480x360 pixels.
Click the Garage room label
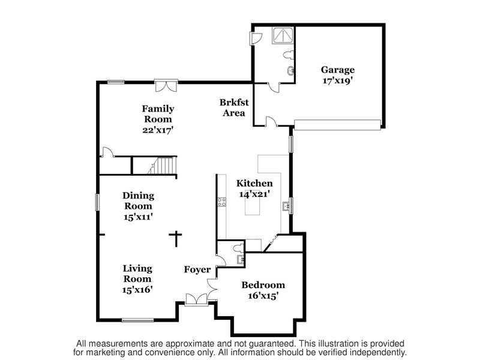click(338, 70)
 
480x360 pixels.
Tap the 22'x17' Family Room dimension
click(158, 130)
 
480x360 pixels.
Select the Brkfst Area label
click(234, 107)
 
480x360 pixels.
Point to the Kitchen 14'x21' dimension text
click(254, 194)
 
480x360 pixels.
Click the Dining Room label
click(138, 200)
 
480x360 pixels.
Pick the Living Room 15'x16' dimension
click(137, 289)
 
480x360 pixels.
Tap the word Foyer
click(197, 269)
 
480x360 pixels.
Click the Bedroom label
click(263, 285)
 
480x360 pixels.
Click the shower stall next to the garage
click(283, 35)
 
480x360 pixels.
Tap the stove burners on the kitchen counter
click(221, 202)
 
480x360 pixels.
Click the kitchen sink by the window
click(286, 206)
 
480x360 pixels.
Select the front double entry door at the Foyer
click(197, 299)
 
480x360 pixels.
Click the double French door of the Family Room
click(166, 85)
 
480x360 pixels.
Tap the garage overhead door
click(337, 125)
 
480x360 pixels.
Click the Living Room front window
click(137, 320)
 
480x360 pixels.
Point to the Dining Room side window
click(98, 202)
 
